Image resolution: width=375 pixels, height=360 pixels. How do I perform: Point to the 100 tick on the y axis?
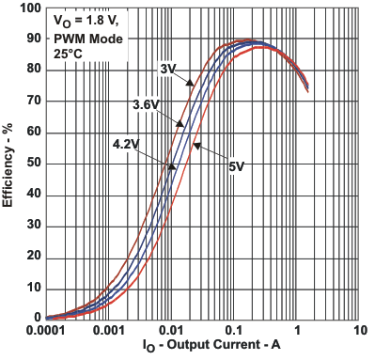pyautogui.click(x=29, y=8)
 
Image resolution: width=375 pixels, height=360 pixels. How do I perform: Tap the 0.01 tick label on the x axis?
pyautogui.click(x=171, y=333)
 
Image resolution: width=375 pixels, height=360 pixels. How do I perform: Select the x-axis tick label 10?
pyautogui.click(x=359, y=333)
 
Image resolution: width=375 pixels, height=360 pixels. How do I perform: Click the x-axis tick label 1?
pyautogui.click(x=297, y=333)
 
